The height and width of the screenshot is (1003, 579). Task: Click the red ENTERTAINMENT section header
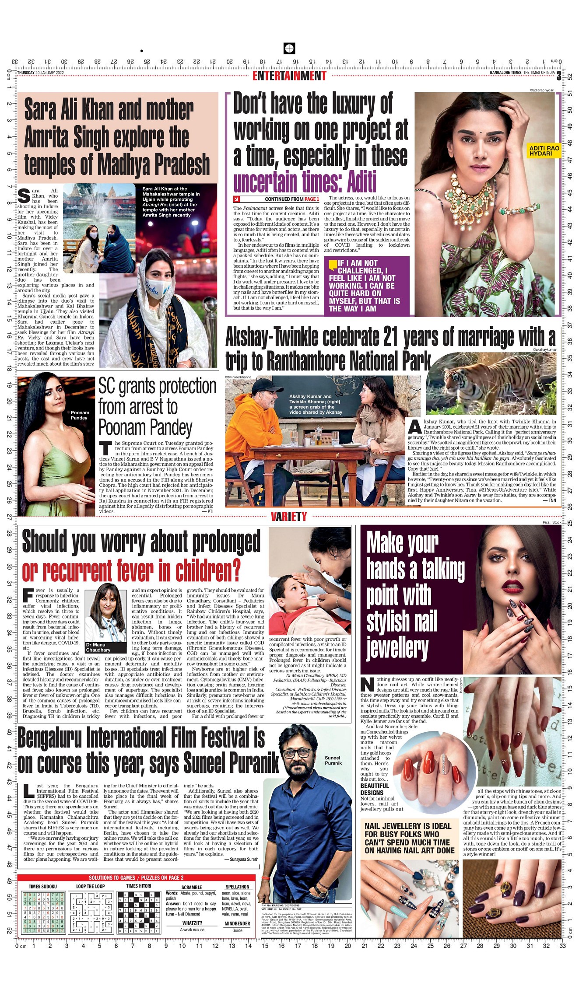pos(289,76)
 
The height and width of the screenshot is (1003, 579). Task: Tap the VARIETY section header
pos(289,517)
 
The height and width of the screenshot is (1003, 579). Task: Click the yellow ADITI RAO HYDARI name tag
pos(544,151)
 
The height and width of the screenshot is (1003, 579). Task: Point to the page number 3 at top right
pos(559,76)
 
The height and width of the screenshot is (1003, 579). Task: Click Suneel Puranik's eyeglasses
pos(297,753)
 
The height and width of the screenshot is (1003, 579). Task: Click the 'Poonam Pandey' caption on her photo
pos(80,415)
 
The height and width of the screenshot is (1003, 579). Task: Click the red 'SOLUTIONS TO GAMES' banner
pos(136,877)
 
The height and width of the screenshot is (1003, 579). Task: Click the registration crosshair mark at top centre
pos(289,48)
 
